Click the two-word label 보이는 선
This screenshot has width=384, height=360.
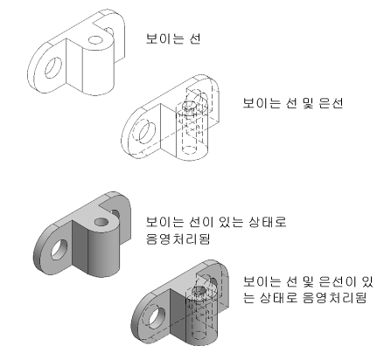[x=173, y=38]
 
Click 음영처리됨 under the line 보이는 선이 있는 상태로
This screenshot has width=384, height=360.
[x=178, y=239]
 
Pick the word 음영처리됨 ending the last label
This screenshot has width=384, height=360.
[x=334, y=298]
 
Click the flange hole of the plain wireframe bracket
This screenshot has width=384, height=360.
[x=53, y=67]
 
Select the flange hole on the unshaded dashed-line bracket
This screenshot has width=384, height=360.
[x=147, y=133]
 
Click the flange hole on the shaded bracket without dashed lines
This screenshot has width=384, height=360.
[x=59, y=250]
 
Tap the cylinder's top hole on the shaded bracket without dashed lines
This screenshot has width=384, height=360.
[x=101, y=223]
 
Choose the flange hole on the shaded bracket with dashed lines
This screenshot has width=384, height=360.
[x=157, y=317]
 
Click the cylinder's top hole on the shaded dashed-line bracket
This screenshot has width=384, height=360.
[x=199, y=291]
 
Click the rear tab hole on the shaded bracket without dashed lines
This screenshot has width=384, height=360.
[x=115, y=214]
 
